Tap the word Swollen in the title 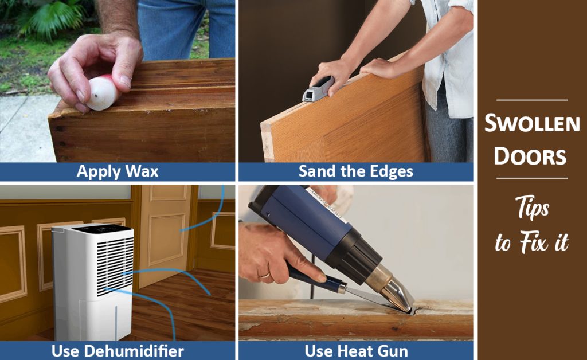[532, 123]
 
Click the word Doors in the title [531, 156]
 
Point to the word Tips [531, 209]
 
